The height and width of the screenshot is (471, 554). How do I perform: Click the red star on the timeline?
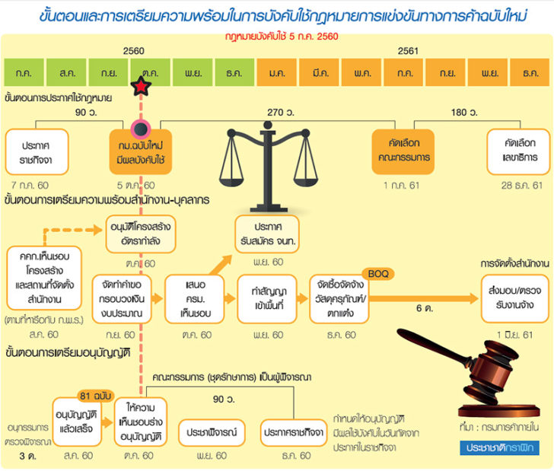[141, 86]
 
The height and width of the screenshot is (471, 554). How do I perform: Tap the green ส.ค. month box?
[66, 72]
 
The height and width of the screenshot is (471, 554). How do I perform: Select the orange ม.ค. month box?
[277, 72]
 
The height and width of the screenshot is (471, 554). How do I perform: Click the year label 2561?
[408, 51]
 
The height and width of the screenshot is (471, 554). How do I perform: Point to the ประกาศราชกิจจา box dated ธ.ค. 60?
[294, 432]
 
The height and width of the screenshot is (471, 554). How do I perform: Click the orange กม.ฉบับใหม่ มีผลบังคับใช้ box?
[141, 152]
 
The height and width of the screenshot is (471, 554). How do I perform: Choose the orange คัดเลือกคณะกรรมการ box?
[403, 151]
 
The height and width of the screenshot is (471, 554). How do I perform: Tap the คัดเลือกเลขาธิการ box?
[519, 151]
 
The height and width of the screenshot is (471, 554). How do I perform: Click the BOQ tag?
[378, 274]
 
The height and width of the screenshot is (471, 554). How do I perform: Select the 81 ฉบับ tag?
[95, 396]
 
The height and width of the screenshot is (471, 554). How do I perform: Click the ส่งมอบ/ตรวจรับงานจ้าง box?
[514, 298]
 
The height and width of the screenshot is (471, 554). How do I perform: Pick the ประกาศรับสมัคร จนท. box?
[267, 234]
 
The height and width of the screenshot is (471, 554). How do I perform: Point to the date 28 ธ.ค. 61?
[521, 186]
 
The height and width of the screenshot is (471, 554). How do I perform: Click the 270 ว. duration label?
[281, 113]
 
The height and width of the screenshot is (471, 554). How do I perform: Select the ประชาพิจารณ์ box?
[212, 432]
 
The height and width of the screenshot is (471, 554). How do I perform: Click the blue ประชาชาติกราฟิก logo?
[499, 448]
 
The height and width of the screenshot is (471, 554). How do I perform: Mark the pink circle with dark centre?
[141, 129]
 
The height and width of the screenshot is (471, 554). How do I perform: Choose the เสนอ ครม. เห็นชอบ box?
[195, 299]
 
